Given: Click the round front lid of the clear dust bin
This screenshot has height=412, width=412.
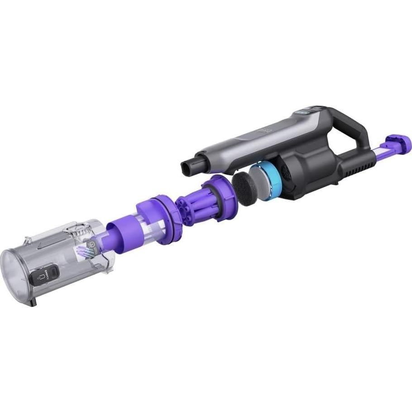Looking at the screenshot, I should tap(18, 273).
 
